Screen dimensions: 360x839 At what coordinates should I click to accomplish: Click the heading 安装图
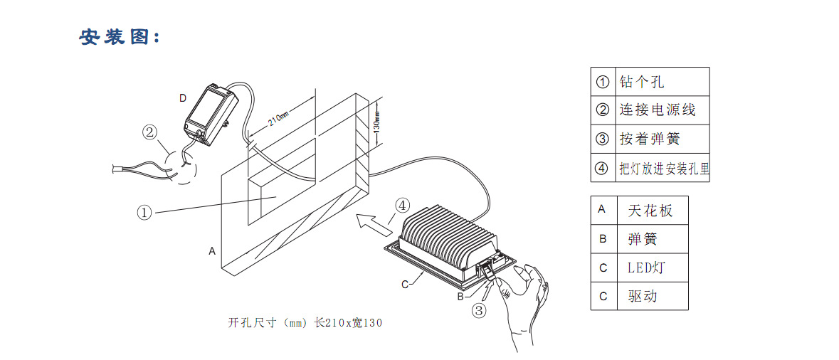coord(120,37)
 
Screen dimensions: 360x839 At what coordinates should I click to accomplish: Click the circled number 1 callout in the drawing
coord(144,212)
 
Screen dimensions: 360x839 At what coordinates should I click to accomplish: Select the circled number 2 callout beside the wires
coord(149,132)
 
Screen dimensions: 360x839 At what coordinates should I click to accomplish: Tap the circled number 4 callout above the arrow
coord(402,206)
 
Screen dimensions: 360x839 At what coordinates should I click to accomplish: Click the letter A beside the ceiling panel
coord(212,251)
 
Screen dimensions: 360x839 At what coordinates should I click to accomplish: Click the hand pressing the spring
coord(523,302)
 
